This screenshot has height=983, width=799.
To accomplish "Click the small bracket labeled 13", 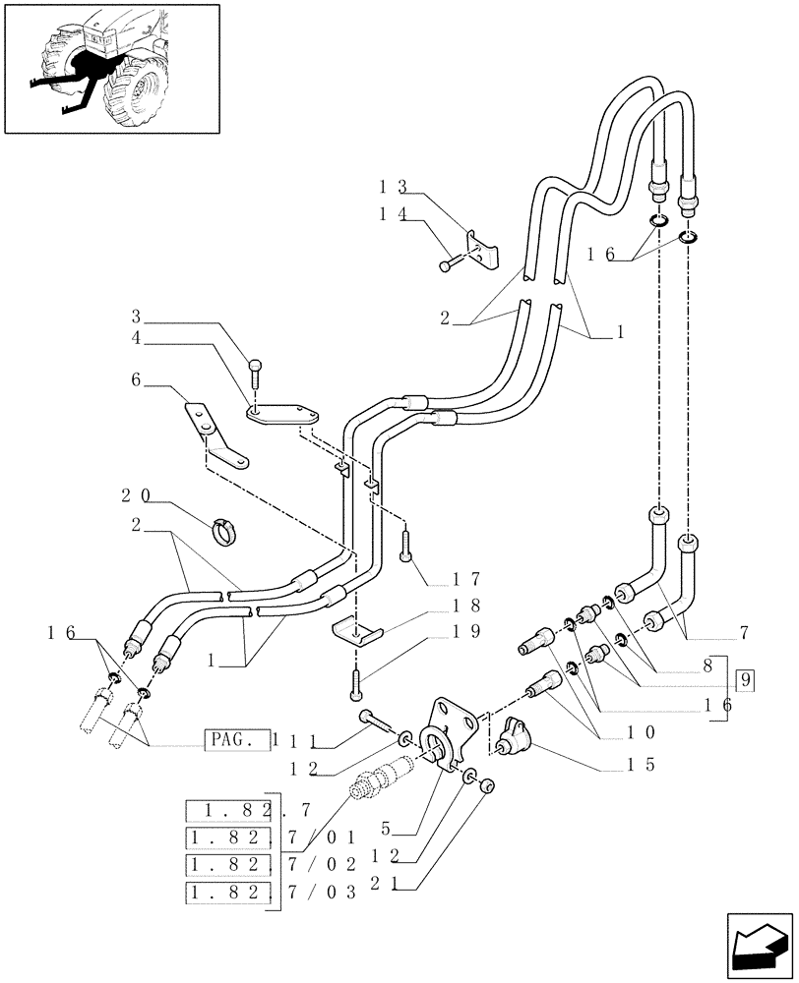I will pos(482,250).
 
